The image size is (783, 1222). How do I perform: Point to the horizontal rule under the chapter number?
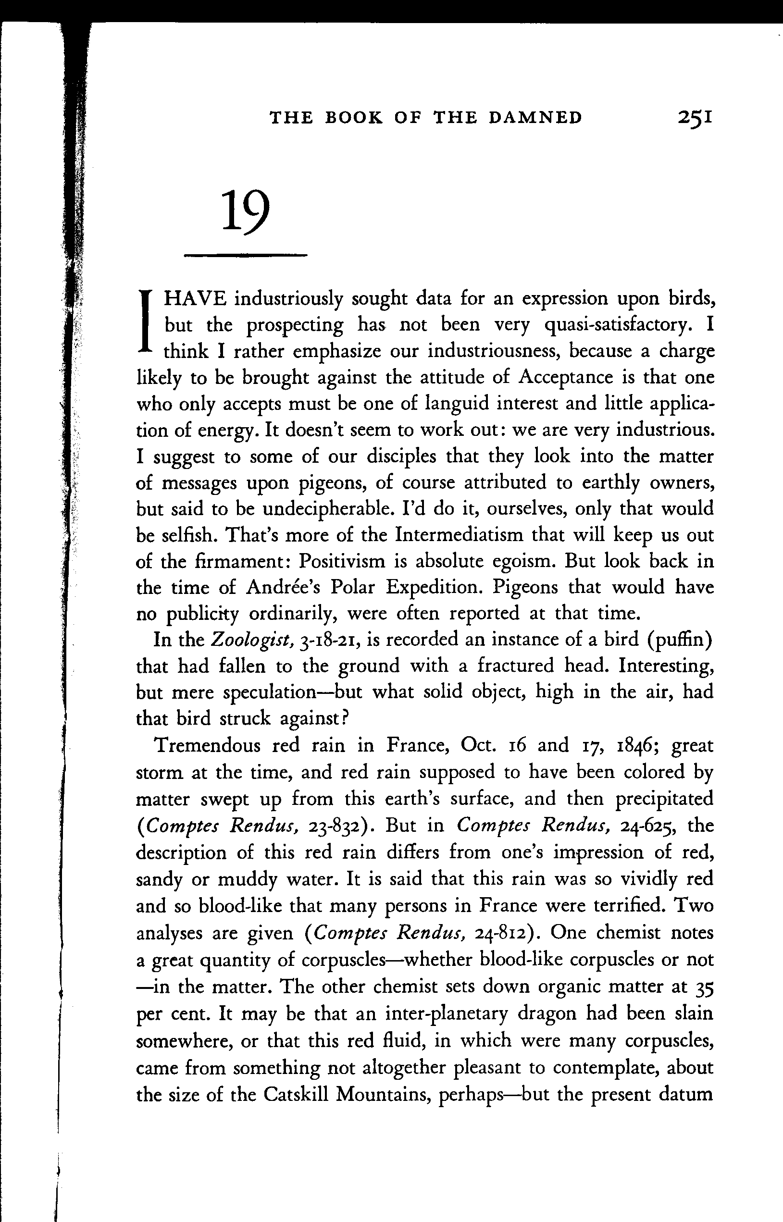[245, 255]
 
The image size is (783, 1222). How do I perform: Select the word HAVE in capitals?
[194, 298]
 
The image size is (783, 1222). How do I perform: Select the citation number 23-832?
[340, 826]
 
